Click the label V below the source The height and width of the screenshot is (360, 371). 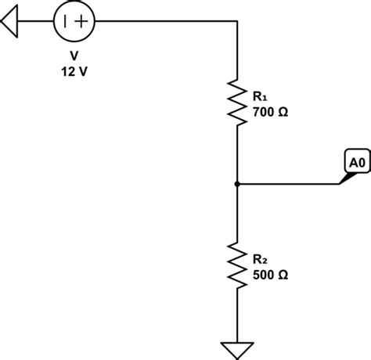click(74, 57)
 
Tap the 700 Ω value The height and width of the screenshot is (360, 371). click(270, 112)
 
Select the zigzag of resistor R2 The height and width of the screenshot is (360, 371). click(236, 265)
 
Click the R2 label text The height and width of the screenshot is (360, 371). click(260, 258)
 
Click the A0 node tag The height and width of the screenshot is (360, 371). click(356, 163)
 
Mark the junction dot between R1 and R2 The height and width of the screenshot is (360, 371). click(236, 185)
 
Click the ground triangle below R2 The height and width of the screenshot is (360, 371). click(236, 349)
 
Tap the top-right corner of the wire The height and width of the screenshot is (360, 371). click(236, 22)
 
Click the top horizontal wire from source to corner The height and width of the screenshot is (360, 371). click(164, 22)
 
